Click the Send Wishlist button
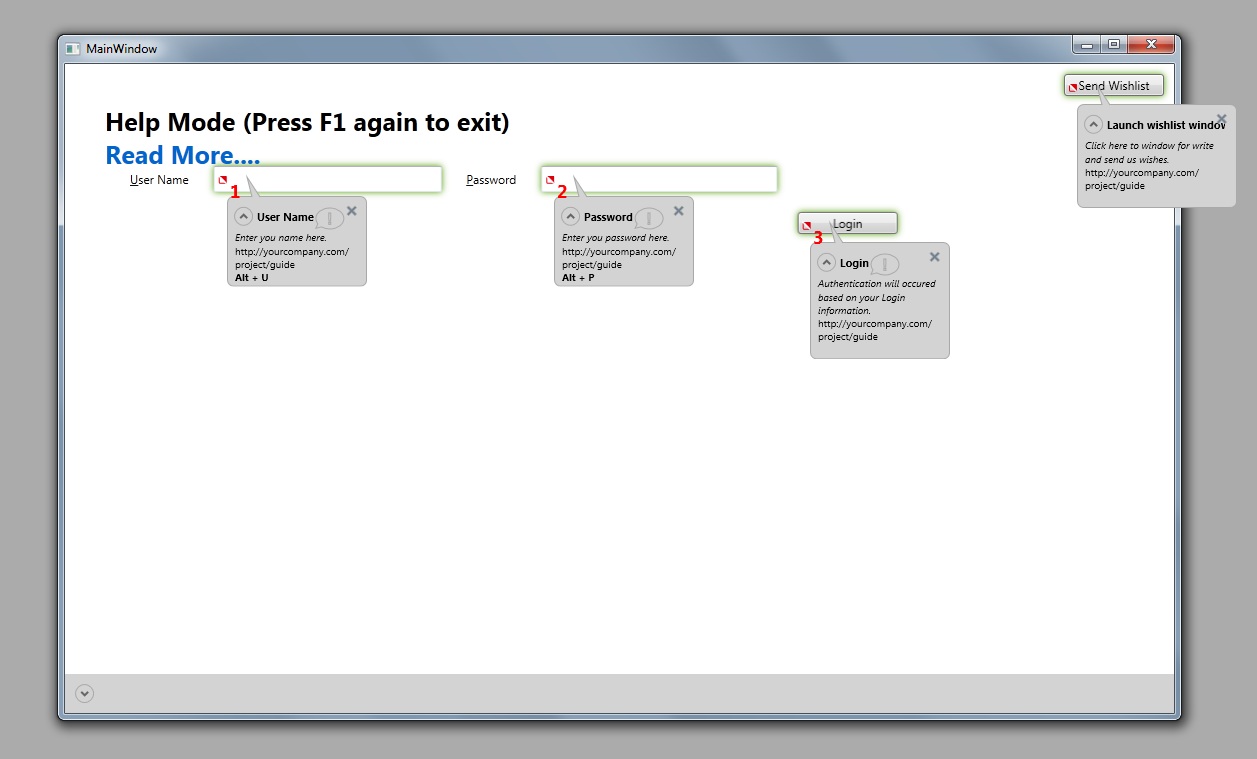[x=1113, y=85]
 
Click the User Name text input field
[x=327, y=180]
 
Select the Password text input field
[x=659, y=180]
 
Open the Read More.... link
[x=183, y=155]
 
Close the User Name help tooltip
[x=352, y=211]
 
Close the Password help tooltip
[x=678, y=211]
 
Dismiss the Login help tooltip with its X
[x=934, y=257]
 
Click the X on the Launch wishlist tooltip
[x=1222, y=119]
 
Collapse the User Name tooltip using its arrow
[x=243, y=216]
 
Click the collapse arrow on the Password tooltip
[x=570, y=216]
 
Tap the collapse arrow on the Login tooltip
[x=826, y=262]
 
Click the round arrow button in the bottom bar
[x=84, y=694]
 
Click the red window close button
[x=1151, y=44]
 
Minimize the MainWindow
[x=1087, y=44]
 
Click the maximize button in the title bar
[x=1114, y=44]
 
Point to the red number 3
[x=818, y=238]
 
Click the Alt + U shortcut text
[x=251, y=278]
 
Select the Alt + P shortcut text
[x=578, y=278]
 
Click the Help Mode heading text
[x=308, y=122]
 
